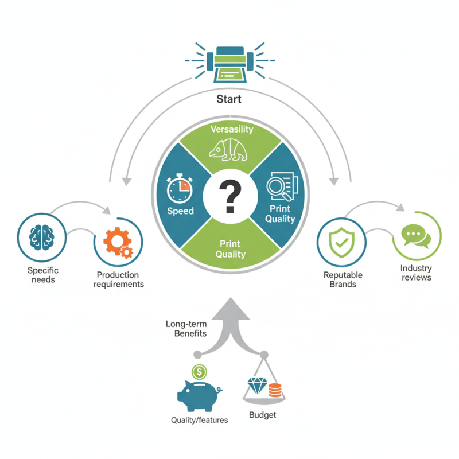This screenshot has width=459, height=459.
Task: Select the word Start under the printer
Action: (229, 99)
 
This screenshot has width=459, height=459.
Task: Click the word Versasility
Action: (231, 129)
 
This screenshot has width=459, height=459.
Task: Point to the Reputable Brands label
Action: (344, 279)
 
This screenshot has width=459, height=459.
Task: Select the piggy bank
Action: (199, 395)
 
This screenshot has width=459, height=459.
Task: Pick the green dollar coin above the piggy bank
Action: (199, 371)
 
